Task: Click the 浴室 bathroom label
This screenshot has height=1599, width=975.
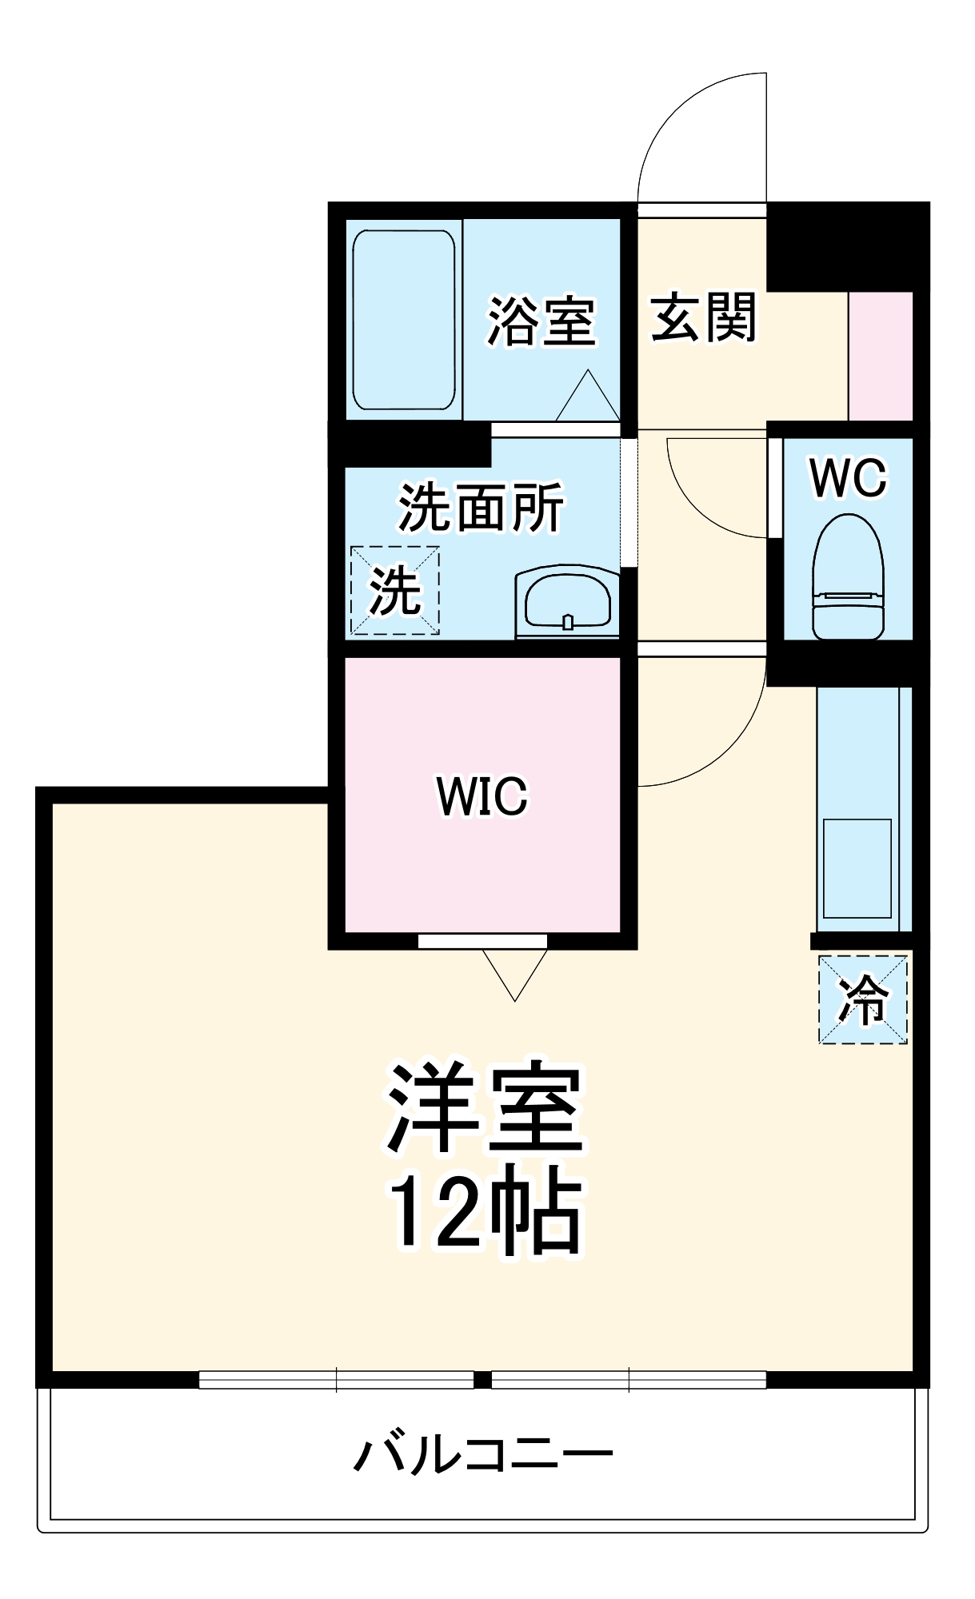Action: pyautogui.click(x=541, y=321)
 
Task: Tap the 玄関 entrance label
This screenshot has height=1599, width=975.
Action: pyautogui.click(x=703, y=317)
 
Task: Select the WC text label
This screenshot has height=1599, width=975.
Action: pyautogui.click(x=848, y=478)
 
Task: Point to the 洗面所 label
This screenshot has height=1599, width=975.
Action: pyautogui.click(x=481, y=507)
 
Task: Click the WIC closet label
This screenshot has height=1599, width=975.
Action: pyautogui.click(x=482, y=796)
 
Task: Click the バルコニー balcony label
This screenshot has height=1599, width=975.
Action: pyautogui.click(x=483, y=1453)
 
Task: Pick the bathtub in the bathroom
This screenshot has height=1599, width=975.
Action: pyautogui.click(x=404, y=320)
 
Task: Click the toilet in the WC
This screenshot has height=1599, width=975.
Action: pyautogui.click(x=848, y=577)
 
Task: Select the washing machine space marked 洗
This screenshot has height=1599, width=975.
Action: pyautogui.click(x=395, y=590)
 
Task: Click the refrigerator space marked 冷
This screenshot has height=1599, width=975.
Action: pyautogui.click(x=862, y=999)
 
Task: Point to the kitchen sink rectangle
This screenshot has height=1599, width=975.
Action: pyautogui.click(x=857, y=868)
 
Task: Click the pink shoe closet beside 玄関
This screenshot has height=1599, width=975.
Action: pyautogui.click(x=880, y=356)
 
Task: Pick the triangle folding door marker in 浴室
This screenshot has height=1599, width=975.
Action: pyautogui.click(x=588, y=397)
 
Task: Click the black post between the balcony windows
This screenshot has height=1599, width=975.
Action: pyautogui.click(x=482, y=1379)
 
